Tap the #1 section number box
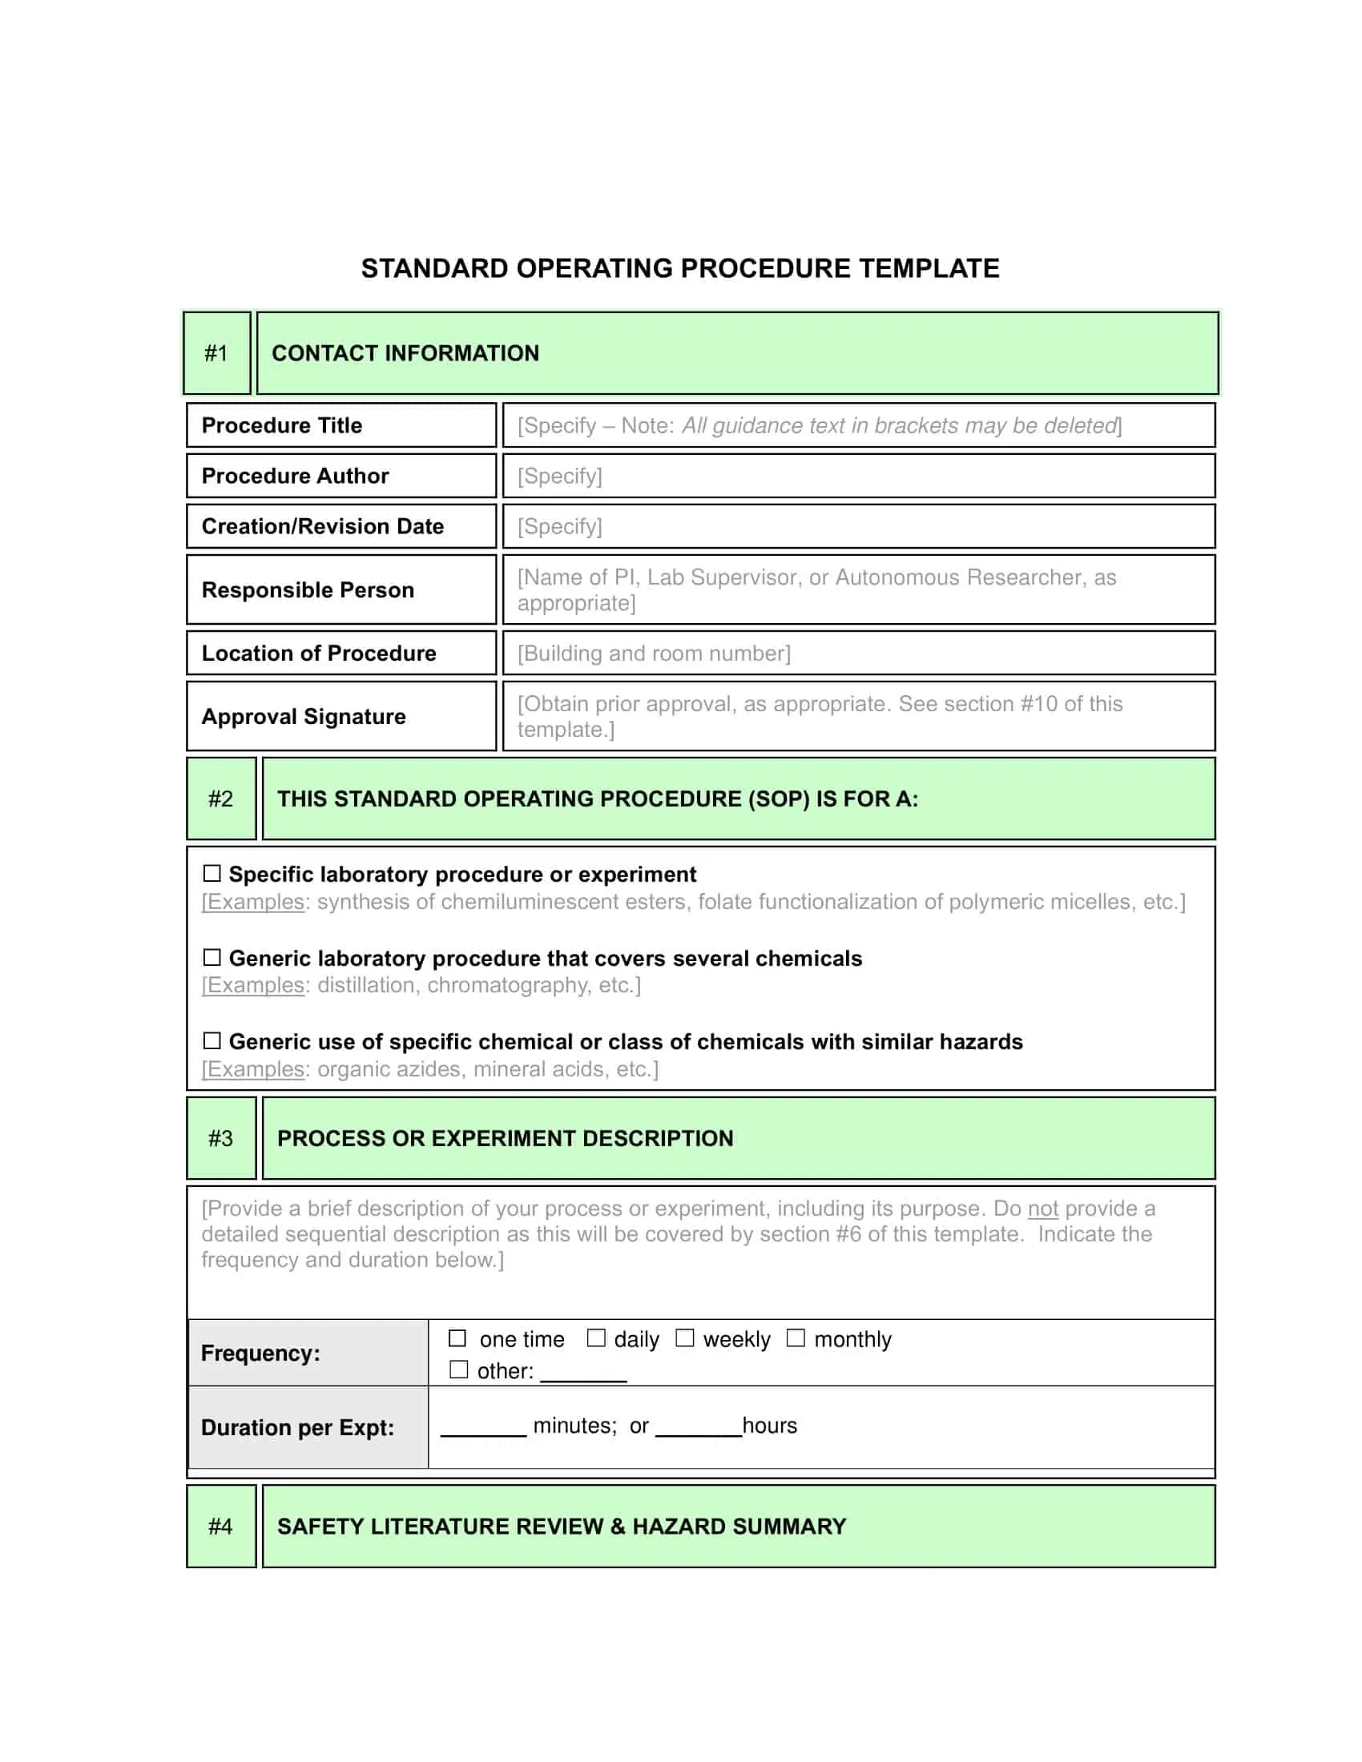[216, 353]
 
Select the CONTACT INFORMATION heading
[405, 353]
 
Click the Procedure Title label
[281, 425]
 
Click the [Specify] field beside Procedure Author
[859, 476]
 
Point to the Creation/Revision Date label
[323, 526]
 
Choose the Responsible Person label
[308, 589]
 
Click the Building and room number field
[859, 653]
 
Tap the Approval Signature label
[304, 717]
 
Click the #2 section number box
[220, 799]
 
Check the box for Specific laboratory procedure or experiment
[212, 873]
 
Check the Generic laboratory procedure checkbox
[212, 957]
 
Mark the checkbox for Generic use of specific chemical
[212, 1040]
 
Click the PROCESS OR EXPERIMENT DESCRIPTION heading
[505, 1138]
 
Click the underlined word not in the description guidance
[1042, 1209]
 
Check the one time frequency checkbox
[457, 1338]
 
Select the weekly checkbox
[684, 1338]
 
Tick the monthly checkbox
[796, 1338]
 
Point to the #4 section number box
[220, 1527]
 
